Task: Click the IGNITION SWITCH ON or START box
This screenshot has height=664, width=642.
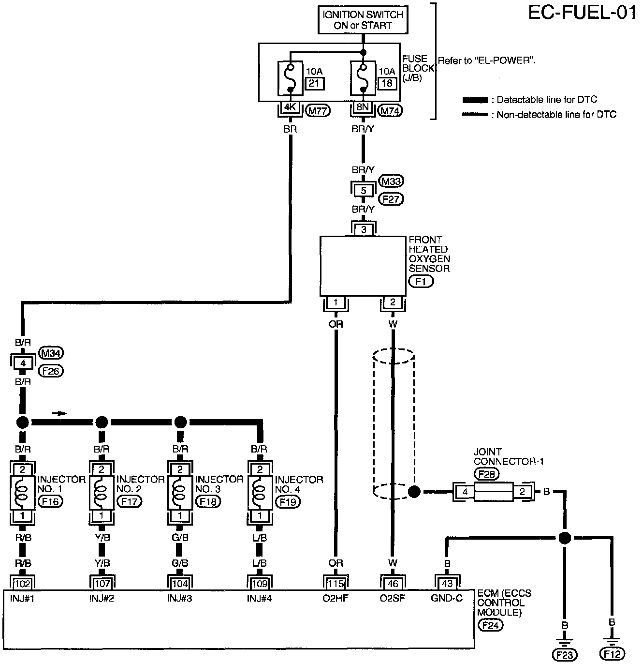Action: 363,20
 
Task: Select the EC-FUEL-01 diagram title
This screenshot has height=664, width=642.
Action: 582,13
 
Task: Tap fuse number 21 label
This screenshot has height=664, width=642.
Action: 314,84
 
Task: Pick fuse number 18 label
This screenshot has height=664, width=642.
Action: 387,83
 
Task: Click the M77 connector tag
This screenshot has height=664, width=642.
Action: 318,111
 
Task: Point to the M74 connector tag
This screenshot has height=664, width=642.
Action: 390,110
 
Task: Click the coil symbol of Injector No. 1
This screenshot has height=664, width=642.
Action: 22,493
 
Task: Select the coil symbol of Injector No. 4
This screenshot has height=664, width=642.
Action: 259,493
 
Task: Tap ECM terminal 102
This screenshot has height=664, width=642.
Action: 23,584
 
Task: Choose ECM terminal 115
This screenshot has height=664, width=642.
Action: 336,584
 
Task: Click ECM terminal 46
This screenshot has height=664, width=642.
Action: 393,584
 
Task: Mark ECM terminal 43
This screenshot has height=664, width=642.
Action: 447,584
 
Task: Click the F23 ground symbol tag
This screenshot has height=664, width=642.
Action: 564,655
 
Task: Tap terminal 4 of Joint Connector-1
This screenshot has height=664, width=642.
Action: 465,492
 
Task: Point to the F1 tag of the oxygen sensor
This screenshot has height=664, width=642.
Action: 421,282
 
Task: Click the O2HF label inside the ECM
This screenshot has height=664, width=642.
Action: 336,598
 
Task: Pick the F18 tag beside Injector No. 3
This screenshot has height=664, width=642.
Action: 208,501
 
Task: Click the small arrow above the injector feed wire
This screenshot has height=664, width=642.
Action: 59,414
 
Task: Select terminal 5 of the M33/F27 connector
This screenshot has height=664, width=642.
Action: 363,191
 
